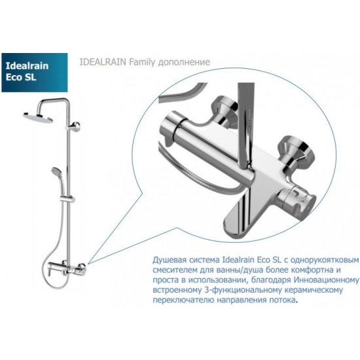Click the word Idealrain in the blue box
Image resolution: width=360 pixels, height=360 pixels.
pos(27,66)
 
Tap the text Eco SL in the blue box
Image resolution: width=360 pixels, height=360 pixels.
pos(21,77)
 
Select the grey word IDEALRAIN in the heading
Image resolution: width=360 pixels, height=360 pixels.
pos(103,62)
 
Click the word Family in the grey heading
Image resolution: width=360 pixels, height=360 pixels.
pos(141,62)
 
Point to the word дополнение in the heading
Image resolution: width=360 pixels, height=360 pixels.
pos(183,62)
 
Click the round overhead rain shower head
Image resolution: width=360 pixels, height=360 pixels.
pos(38,117)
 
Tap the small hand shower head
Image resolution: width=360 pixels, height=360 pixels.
pos(56,171)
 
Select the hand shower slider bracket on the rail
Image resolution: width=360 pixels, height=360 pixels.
pos(67,199)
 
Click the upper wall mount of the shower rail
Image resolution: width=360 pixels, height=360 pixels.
pos(74,126)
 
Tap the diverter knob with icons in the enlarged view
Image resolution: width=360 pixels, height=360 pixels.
pos(298,200)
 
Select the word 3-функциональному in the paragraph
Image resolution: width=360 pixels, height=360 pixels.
pos(242,291)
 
